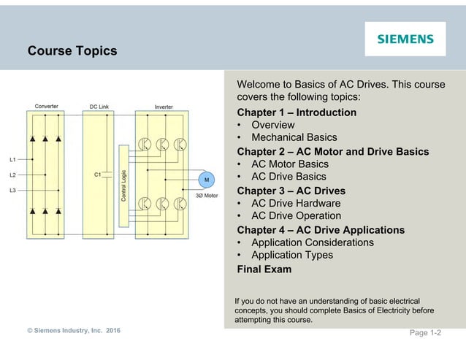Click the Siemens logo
[405, 39]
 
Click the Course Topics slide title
[72, 52]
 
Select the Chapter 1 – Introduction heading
[297, 112]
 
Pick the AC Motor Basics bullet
[289, 164]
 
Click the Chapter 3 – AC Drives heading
[291, 191]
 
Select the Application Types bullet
[291, 255]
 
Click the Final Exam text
[264, 269]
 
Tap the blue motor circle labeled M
[205, 180]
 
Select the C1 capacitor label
[98, 175]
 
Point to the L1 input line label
[13, 159]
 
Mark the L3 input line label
[13, 191]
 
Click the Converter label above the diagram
[47, 107]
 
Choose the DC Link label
[100, 107]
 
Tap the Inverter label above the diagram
[164, 107]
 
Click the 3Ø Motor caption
[206, 196]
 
